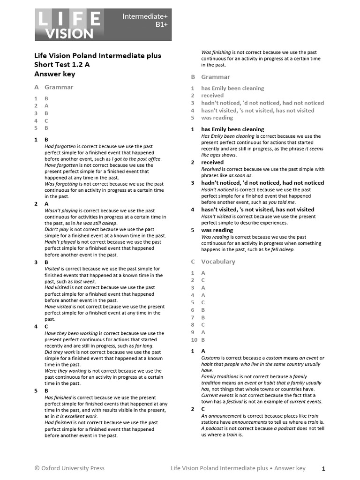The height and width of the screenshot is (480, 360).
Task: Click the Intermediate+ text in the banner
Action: [145, 16]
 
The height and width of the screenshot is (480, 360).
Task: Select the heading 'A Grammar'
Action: [53, 87]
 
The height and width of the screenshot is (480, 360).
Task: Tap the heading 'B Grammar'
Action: [210, 77]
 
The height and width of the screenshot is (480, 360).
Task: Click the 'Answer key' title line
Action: [54, 74]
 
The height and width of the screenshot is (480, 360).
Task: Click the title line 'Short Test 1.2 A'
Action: [62, 65]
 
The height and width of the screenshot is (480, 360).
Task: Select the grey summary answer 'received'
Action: [212, 96]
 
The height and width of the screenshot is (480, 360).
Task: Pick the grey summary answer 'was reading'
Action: [217, 118]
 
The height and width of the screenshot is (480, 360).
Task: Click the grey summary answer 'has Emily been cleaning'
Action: [232, 88]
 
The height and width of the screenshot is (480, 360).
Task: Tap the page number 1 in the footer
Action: [323, 468]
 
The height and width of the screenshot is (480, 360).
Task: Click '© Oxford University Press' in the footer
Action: [69, 468]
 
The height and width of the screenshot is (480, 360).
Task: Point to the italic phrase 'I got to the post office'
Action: [136, 159]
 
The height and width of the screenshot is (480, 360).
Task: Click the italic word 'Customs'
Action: [210, 358]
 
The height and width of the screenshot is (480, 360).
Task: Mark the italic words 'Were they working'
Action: [65, 371]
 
